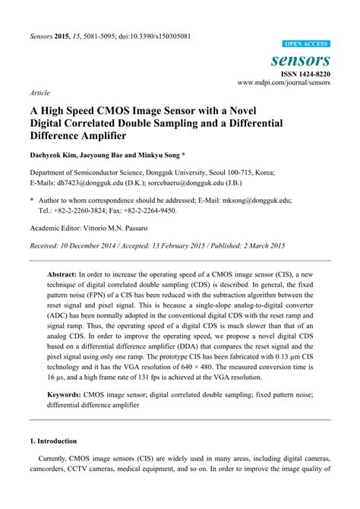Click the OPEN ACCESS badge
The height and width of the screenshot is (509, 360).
coord(306,45)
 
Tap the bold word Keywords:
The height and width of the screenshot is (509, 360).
coord(69,395)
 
